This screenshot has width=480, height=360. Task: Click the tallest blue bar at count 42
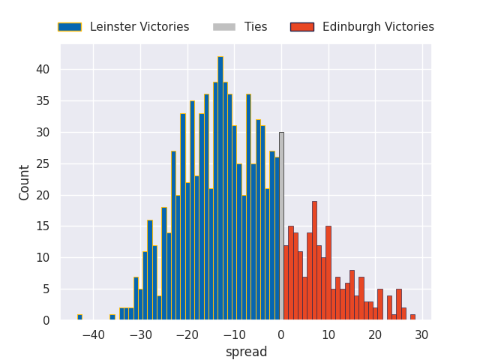[220, 187]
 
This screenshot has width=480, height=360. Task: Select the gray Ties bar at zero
[281, 225]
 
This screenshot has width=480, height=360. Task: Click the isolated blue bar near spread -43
[79, 317]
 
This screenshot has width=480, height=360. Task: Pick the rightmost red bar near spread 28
[412, 317]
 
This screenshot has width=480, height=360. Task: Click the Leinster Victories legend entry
[139, 27]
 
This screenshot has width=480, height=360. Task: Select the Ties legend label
[256, 27]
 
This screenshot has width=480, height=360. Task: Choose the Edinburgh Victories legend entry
[378, 27]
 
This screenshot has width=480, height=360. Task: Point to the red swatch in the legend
[301, 27]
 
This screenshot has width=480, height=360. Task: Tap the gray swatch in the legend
[223, 27]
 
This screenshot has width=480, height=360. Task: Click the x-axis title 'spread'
[246, 352]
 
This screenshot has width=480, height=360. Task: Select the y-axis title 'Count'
[25, 182]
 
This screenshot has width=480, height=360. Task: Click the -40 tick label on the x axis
[93, 334]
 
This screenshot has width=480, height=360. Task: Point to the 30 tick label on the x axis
[422, 334]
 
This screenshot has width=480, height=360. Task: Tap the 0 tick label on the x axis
[281, 334]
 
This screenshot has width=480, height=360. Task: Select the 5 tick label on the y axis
[46, 289]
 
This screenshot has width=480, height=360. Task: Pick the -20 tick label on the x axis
[187, 334]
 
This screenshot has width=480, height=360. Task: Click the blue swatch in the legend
[70, 27]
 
